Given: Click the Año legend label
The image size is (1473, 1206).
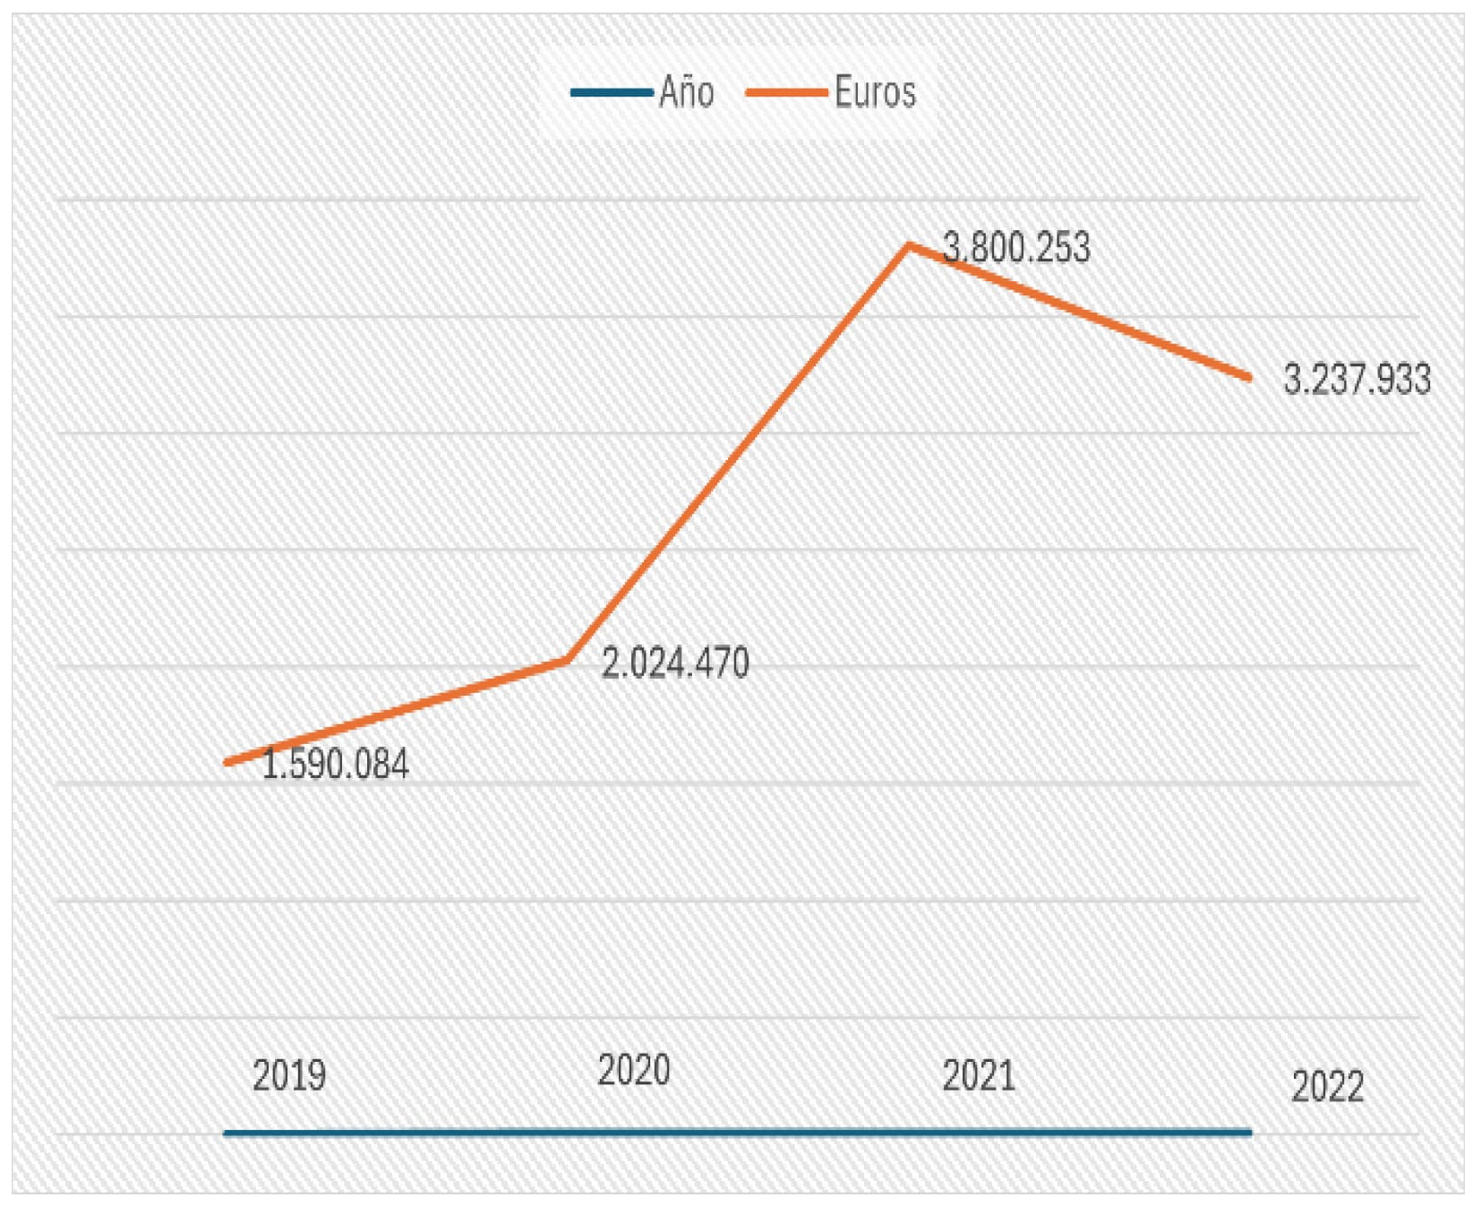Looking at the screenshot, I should (x=686, y=92).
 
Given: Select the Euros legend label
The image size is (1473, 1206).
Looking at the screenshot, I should (x=875, y=92).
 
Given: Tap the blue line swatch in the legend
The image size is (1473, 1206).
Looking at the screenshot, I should (x=612, y=92).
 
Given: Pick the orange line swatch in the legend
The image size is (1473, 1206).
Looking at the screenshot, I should (x=786, y=92).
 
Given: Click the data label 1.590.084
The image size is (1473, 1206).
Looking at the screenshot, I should (x=336, y=765).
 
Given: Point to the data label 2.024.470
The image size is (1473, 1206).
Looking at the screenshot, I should (x=675, y=663).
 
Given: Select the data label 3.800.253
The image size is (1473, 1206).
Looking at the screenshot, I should (x=1016, y=248).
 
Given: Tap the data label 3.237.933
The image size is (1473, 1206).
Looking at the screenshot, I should (x=1357, y=380).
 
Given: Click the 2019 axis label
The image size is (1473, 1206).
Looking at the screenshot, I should (x=289, y=1075).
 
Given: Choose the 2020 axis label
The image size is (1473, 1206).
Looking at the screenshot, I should (x=634, y=1070).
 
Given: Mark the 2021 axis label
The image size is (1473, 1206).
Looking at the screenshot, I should (x=979, y=1075).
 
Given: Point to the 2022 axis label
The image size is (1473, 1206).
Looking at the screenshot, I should (x=1327, y=1087).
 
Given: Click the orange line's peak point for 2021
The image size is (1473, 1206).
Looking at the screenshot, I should (x=909, y=244).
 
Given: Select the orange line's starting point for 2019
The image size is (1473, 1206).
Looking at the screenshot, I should (x=227, y=763).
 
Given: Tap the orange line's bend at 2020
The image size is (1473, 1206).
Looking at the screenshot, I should (x=567, y=661).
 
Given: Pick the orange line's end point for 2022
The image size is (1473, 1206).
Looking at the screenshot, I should (x=1248, y=377).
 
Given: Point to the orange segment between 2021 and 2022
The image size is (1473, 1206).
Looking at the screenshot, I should (x=1079, y=311).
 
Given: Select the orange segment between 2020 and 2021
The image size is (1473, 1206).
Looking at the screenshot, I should (x=738, y=452).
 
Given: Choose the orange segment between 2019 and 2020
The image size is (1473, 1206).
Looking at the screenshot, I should (x=397, y=712).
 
